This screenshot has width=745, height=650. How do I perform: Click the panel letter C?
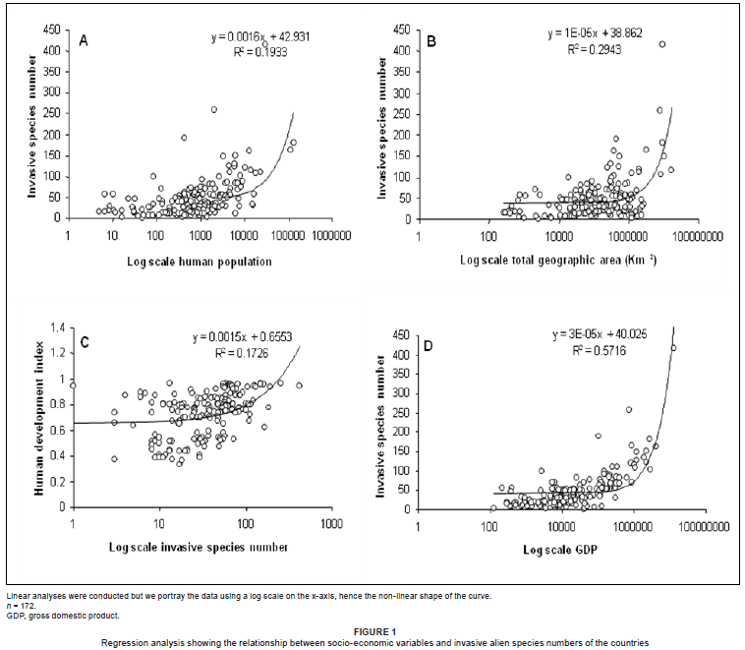pos(85,341)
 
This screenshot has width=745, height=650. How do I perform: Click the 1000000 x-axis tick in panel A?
pos(333,235)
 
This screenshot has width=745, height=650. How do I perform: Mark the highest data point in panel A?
pos(264,44)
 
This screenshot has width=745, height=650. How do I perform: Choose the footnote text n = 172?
pos(22,606)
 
